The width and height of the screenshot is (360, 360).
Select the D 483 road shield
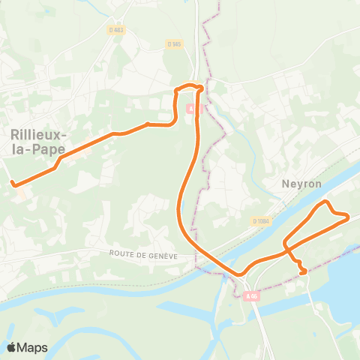pos(115,30)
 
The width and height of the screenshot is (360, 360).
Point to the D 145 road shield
pos(175,44)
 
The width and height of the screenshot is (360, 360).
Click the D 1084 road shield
pos(261,220)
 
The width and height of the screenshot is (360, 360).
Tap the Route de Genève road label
pos(142,255)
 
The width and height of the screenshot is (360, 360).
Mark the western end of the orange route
pos(13,183)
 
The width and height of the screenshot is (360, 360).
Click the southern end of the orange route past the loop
pos(303,272)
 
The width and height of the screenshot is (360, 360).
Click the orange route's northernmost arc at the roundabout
pos(190,87)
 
